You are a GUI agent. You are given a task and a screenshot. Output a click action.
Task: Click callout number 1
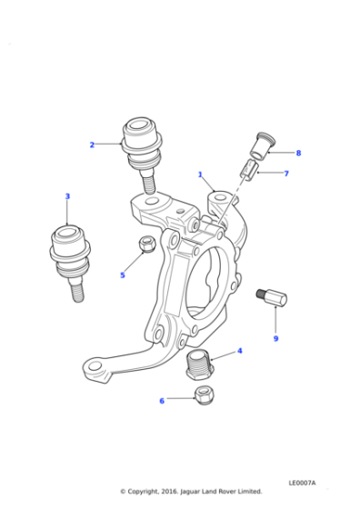coord(200,175)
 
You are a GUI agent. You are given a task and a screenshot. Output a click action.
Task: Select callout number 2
coord(92,145)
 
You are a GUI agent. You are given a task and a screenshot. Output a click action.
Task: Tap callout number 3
coord(66,196)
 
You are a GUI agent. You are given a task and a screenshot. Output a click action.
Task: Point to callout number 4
coord(239,350)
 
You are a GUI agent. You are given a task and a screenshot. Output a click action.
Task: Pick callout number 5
coord(122,275)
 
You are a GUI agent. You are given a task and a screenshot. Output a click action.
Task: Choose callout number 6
coord(162,400)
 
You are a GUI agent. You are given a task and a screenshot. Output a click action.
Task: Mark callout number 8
coord(297,153)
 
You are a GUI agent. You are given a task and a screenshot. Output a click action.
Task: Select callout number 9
coord(275,339)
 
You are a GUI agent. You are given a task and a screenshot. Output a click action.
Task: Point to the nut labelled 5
coord(145,245)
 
